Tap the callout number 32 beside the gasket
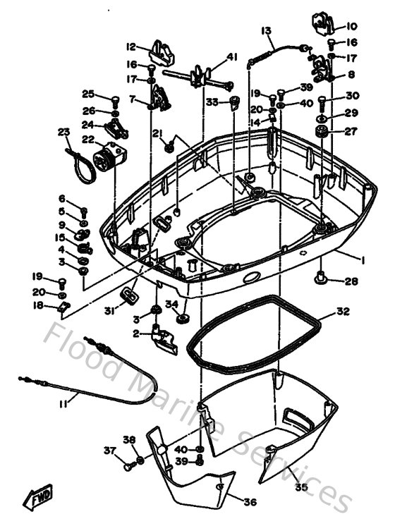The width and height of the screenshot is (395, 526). (342, 311)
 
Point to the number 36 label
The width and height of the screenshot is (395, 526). (250, 502)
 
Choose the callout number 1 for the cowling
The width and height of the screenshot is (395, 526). (363, 260)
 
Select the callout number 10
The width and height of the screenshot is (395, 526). (351, 27)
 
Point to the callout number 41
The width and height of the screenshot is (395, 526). (233, 56)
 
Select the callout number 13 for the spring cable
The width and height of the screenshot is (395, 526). (267, 31)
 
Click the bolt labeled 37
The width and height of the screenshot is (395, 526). (128, 465)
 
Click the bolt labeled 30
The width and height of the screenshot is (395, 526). (322, 101)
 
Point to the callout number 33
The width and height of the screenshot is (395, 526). (212, 102)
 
